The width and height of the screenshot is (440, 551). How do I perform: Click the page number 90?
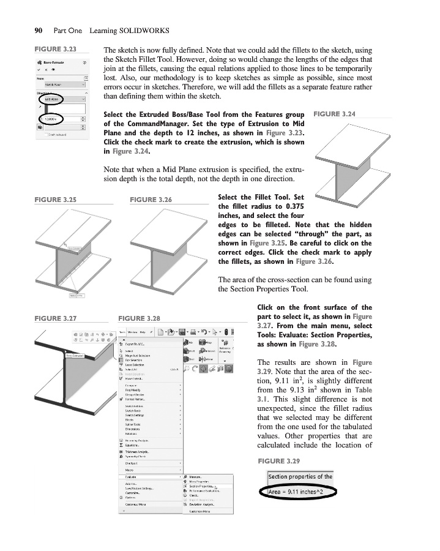pos(29,30)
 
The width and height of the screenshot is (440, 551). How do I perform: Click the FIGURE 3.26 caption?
pos(151,200)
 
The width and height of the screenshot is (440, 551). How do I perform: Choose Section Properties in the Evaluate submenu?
pos(202,485)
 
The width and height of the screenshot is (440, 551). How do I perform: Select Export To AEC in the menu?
pos(136,344)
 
